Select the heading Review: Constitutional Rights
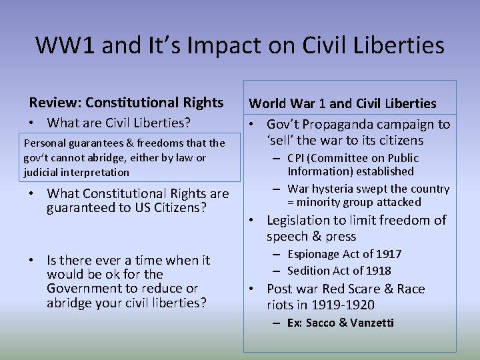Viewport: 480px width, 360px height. click(x=126, y=102)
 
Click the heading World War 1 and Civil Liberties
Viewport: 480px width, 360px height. click(x=343, y=103)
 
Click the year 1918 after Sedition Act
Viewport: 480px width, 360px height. click(x=377, y=271)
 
